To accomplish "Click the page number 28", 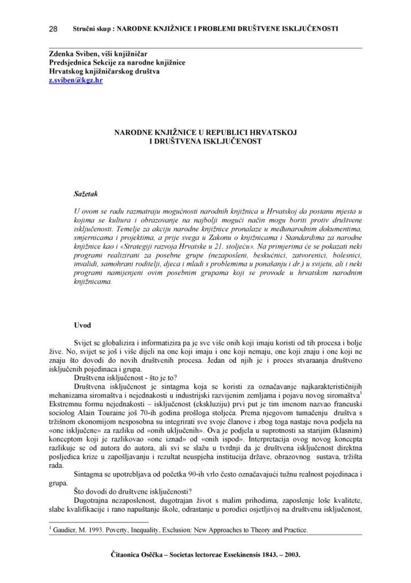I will (x=53, y=28).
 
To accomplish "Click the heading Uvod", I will (x=82, y=325).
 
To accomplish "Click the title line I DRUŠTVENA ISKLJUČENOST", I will (x=205, y=141).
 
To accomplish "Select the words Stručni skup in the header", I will (x=92, y=28).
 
